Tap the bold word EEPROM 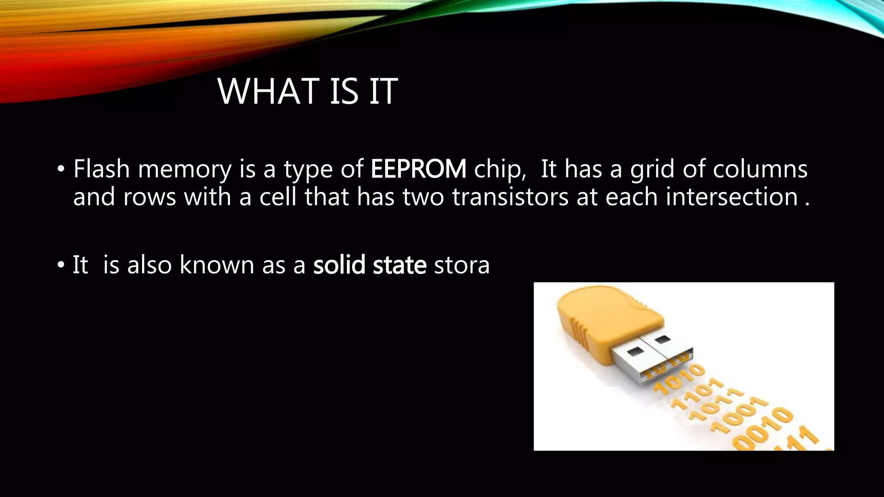[418, 169]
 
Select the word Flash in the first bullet [101, 169]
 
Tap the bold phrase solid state [370, 264]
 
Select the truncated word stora [462, 265]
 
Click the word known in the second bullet [217, 264]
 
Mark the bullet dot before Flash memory [61, 170]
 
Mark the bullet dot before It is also [61, 265]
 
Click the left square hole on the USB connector [634, 352]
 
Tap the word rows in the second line [149, 198]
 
